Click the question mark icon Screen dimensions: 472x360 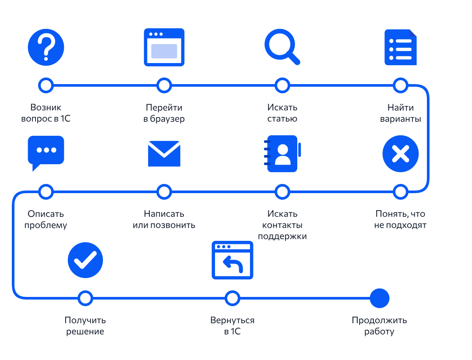(x=46, y=47)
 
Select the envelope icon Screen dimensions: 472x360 (x=164, y=154)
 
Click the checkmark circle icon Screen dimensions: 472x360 (x=85, y=260)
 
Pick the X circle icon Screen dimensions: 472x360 (x=400, y=154)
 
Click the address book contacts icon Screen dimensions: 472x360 (x=282, y=154)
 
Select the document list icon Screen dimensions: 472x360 (x=400, y=47)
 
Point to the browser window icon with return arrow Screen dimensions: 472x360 (x=232, y=260)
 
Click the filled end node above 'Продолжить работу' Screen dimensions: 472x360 (x=379, y=298)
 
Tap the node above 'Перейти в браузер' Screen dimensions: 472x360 (x=164, y=85)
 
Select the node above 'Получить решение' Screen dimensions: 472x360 (x=85, y=298)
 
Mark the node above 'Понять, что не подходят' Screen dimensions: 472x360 (x=400, y=192)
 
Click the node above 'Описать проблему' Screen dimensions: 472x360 (x=46, y=192)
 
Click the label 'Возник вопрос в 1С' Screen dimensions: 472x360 (x=46, y=113)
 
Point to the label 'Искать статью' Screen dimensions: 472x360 (x=282, y=113)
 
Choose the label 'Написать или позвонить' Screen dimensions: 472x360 (x=164, y=219)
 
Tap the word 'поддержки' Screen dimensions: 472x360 (x=282, y=236)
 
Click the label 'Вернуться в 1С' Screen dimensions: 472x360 (x=232, y=326)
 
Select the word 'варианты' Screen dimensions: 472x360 (x=400, y=119)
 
